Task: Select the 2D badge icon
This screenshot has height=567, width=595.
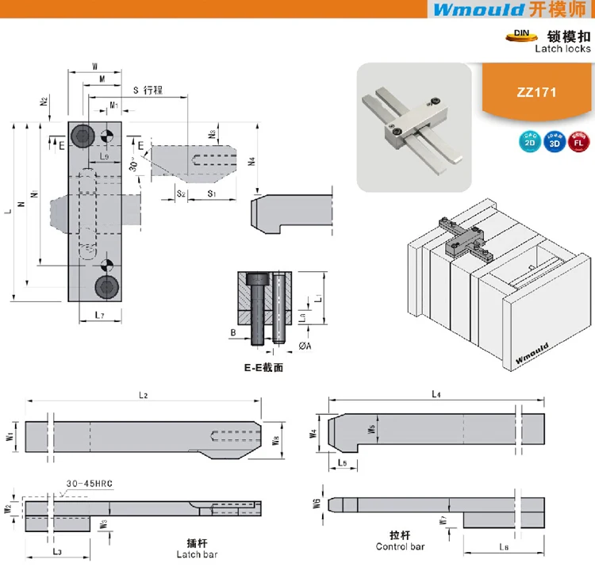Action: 528,143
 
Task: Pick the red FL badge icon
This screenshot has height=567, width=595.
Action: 579,143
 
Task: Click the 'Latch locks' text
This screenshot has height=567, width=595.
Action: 562,48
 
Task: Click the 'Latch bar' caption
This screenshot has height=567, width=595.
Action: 197,554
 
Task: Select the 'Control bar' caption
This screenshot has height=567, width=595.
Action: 400,546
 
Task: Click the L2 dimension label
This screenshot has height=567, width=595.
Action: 144,395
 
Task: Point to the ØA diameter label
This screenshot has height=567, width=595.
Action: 304,347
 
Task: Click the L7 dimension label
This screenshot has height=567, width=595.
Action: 94,316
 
